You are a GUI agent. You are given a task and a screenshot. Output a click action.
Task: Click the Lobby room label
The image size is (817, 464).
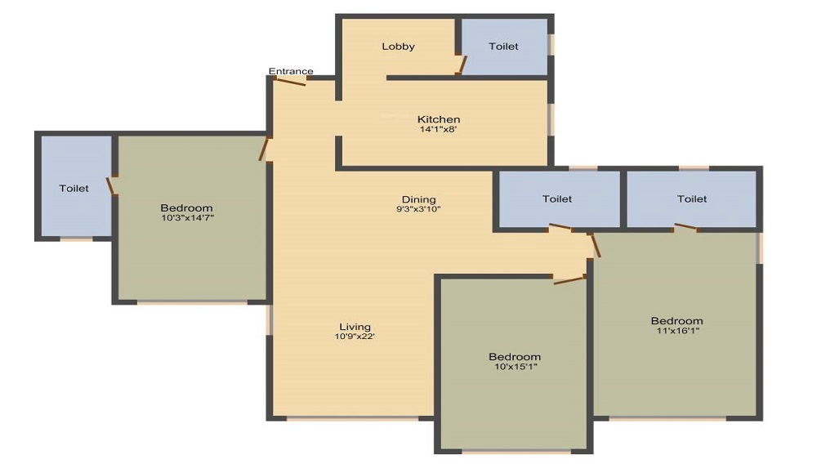[398, 47]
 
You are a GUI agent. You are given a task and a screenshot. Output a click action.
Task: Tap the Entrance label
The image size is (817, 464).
[291, 72]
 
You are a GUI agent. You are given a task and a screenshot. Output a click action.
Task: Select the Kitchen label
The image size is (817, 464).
[439, 119]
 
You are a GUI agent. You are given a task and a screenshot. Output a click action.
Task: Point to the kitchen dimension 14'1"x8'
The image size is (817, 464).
[439, 129]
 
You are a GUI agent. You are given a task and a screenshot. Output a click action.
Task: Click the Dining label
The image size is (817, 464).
[418, 199]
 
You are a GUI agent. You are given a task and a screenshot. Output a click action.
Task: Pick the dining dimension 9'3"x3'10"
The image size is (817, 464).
[418, 209]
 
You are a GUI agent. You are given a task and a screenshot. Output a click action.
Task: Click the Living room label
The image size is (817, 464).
[355, 327]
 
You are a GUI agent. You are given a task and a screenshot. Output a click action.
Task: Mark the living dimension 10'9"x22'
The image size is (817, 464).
[355, 337]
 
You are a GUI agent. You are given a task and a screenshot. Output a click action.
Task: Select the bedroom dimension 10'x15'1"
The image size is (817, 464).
[515, 367]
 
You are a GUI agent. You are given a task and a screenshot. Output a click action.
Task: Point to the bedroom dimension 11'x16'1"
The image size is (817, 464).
[676, 331]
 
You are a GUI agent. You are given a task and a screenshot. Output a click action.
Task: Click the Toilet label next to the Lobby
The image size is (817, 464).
[503, 47]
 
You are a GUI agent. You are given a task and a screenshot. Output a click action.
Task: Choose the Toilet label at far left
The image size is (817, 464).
[74, 189]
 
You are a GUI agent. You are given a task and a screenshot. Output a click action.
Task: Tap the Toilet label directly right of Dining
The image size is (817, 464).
[557, 199]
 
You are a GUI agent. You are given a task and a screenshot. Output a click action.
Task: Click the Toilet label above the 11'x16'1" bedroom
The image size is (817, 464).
[691, 199]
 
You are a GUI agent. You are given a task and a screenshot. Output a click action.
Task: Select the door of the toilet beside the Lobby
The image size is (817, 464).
[462, 65]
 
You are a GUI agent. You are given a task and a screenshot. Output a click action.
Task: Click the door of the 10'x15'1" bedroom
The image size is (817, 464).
[569, 280]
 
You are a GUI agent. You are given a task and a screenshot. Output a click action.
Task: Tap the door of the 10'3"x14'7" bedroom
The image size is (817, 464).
[264, 149]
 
